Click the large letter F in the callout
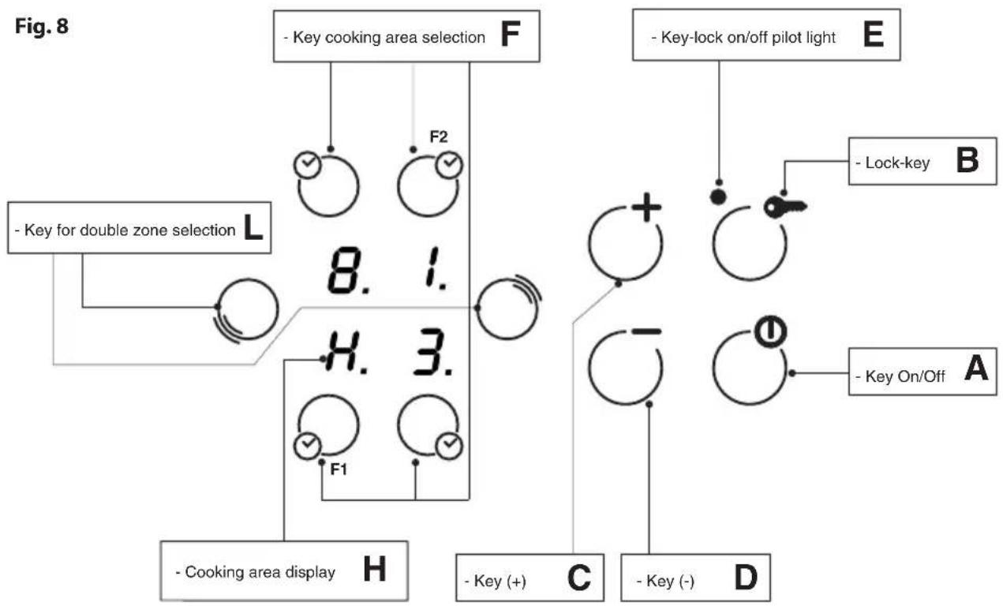tap(510, 35)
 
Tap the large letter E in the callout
tap(873, 35)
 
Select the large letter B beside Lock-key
tap(967, 160)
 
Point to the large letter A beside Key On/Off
tap(976, 368)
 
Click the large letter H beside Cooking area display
tap(374, 570)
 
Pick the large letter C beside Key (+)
tap(579, 578)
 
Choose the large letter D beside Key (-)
tap(746, 578)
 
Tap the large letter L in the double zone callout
tap(253, 227)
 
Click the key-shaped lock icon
tap(785, 208)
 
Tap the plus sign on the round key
tap(646, 208)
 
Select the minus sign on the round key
tap(646, 331)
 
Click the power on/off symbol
tap(771, 332)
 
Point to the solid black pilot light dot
tap(718, 197)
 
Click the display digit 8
tap(344, 270)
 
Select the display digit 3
tap(429, 352)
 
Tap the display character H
tap(342, 352)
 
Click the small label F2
tap(438, 137)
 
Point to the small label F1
tap(339, 469)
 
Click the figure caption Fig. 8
tap(42, 27)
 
